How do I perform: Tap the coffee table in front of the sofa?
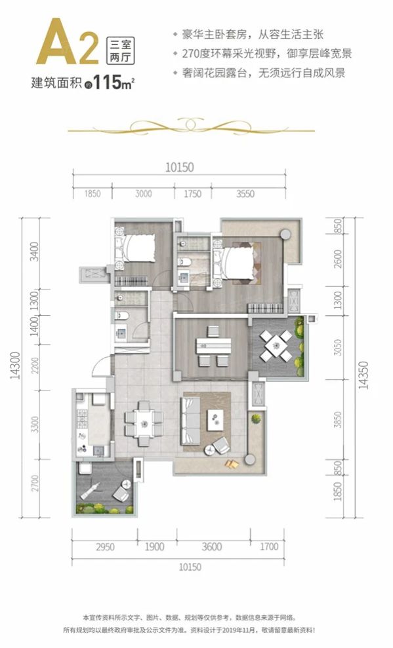pos(215,420)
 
